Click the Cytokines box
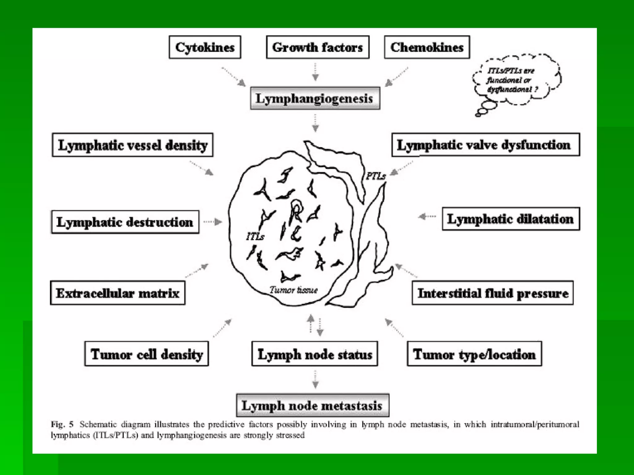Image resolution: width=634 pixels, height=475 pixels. (205, 47)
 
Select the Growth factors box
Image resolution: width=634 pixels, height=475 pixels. (318, 47)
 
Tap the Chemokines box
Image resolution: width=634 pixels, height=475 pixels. (427, 47)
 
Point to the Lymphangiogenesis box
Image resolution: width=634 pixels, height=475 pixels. (315, 98)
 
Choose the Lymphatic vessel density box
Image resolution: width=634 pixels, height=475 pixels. (132, 145)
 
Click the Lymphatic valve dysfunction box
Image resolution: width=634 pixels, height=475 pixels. (485, 145)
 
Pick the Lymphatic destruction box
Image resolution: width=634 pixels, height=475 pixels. (125, 222)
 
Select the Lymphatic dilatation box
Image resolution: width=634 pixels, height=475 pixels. (510, 219)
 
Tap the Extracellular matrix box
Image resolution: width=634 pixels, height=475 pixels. (118, 293)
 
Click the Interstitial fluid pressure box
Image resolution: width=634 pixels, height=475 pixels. (493, 293)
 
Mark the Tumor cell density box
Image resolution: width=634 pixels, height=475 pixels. (146, 354)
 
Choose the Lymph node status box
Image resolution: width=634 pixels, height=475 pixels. (315, 354)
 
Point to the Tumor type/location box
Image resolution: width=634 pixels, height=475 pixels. (474, 354)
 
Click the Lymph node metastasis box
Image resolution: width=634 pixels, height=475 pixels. (312, 405)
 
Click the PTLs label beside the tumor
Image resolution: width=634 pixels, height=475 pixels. (376, 176)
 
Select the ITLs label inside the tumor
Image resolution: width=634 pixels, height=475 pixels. (255, 237)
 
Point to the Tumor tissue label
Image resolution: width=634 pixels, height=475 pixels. (293, 290)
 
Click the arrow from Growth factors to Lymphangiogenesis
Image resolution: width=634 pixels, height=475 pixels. (315, 72)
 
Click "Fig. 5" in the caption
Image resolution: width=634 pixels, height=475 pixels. (62, 424)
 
